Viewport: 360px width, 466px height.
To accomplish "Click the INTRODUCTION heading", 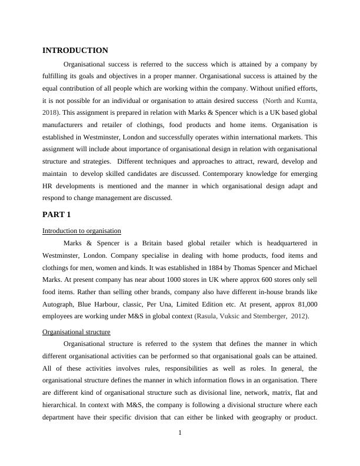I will click(75, 51).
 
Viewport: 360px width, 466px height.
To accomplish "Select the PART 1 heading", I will click(56, 214).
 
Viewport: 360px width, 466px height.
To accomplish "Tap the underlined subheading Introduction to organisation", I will click(82, 230).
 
